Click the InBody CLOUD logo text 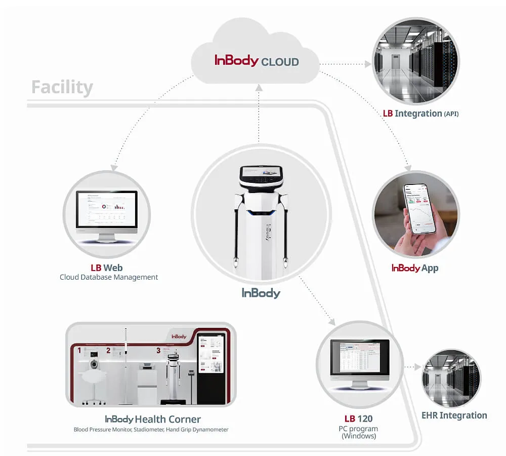pyautogui.click(x=257, y=61)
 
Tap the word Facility pyautogui.click(x=62, y=87)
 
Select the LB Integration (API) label pyautogui.click(x=420, y=113)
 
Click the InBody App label pyautogui.click(x=415, y=268)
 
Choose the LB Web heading pyautogui.click(x=106, y=267)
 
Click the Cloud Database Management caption pyautogui.click(x=109, y=277)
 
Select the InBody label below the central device pyautogui.click(x=261, y=293)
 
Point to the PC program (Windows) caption pyautogui.click(x=358, y=432)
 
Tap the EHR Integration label pyautogui.click(x=454, y=415)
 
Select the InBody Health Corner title pyautogui.click(x=152, y=419)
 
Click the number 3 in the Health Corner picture pyautogui.click(x=158, y=350)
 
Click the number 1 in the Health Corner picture pyautogui.click(x=79, y=350)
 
